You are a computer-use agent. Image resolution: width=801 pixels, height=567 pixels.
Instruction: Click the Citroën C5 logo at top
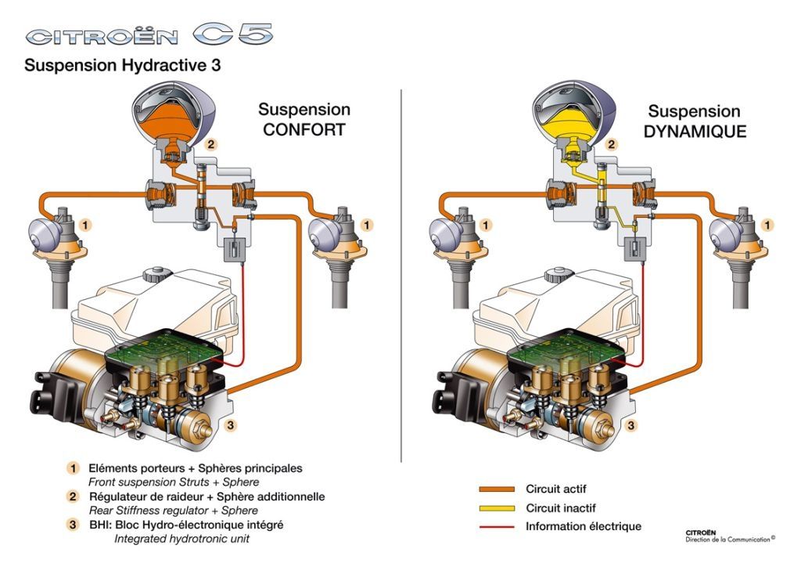149,36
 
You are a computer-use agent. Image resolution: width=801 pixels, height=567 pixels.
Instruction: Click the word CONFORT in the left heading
304,130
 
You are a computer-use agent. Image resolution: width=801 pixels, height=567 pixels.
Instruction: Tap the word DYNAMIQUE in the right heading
695,132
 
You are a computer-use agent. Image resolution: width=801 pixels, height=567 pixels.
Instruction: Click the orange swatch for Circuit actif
497,489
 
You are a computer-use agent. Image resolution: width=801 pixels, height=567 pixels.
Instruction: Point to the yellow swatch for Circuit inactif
497,507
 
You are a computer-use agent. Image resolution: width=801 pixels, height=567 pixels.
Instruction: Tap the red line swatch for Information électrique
497,526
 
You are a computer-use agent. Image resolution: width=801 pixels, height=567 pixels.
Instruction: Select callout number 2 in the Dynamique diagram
612,145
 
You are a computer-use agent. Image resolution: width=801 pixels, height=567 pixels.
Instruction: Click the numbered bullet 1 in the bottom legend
73,468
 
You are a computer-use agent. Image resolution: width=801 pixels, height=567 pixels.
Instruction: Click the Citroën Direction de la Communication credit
729,535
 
